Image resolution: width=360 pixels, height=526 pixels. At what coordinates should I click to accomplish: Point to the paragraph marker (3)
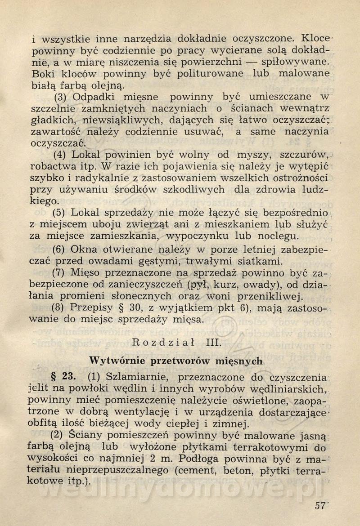pos(61,96)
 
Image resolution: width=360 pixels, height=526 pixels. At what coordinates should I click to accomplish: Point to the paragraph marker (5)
pos(61,212)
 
